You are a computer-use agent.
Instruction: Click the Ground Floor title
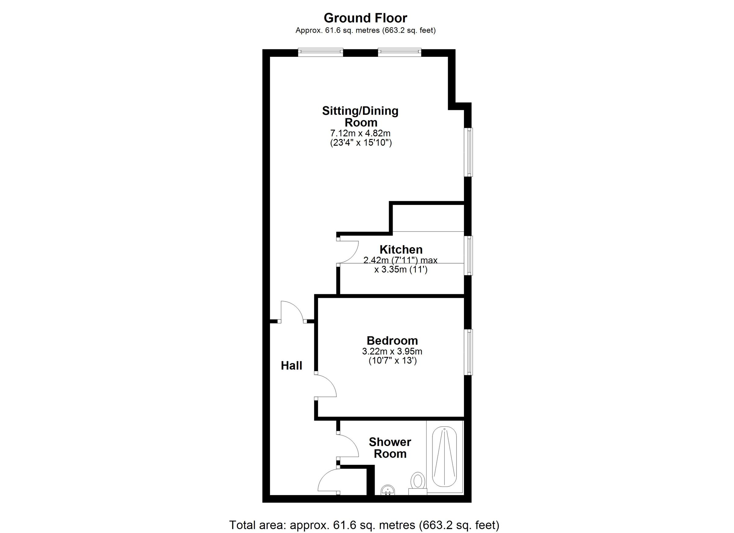click(x=365, y=18)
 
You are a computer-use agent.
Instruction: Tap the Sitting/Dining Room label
click(x=360, y=116)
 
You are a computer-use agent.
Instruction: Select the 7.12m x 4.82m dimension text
click(x=360, y=133)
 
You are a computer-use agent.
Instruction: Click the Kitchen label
click(x=401, y=250)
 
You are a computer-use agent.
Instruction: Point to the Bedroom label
click(x=392, y=340)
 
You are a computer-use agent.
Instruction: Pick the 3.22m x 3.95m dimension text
click(x=392, y=351)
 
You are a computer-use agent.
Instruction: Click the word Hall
click(x=291, y=366)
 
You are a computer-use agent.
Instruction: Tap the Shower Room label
click(x=390, y=448)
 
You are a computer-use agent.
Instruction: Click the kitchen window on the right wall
click(x=468, y=255)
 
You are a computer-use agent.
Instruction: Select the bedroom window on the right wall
click(x=468, y=352)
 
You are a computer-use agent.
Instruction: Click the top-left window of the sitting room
click(x=321, y=52)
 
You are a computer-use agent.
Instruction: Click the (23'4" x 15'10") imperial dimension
click(x=361, y=143)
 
